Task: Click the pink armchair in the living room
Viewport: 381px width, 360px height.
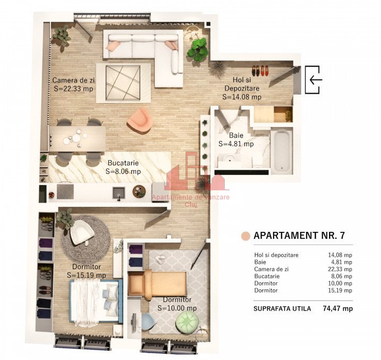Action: (x=139, y=121)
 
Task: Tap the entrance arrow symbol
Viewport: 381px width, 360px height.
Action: (x=316, y=79)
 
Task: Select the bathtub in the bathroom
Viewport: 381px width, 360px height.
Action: (x=282, y=150)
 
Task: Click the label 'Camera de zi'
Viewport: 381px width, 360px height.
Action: (x=74, y=80)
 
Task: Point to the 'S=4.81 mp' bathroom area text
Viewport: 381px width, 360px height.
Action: (x=236, y=144)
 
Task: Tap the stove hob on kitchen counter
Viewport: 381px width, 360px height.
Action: (x=65, y=192)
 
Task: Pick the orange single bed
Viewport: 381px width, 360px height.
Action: (x=157, y=283)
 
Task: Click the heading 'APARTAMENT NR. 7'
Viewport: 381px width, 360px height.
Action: (x=299, y=235)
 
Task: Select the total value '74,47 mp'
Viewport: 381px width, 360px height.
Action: (x=338, y=308)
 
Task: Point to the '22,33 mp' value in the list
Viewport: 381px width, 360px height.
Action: (x=340, y=269)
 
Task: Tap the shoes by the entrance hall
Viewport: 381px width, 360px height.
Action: (x=260, y=70)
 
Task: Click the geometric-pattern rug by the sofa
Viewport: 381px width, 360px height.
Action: (x=123, y=82)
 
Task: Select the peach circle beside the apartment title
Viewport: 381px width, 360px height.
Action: (x=245, y=236)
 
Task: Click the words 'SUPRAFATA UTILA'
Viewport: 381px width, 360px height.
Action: (x=282, y=309)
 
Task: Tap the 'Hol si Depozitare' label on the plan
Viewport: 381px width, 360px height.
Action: (x=242, y=84)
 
